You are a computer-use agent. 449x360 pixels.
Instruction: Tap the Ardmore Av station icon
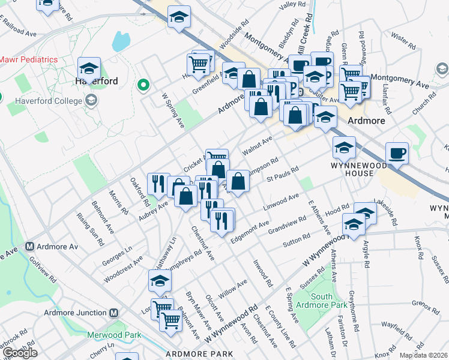pyautogui.click(x=29, y=247)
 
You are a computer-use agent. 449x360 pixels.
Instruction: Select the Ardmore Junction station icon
pyautogui.click(x=114, y=313)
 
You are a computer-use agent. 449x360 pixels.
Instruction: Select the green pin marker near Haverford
pyautogui.click(x=143, y=86)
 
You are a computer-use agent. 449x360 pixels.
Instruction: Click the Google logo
pyautogui.click(x=19, y=353)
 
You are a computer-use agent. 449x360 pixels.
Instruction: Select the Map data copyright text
pyautogui.click(x=423, y=355)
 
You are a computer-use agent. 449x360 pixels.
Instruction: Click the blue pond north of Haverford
pyautogui.click(x=121, y=41)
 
